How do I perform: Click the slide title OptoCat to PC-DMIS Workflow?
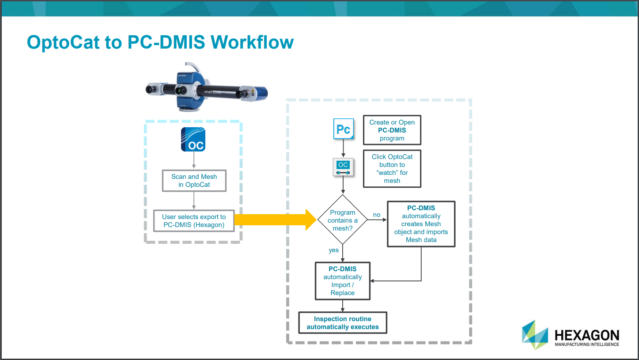pos(160,42)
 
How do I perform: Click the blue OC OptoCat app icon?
pos(193,139)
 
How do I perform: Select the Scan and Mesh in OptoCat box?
pos(194,181)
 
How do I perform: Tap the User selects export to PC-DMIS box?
pos(193,221)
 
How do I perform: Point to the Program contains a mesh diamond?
pos(343,220)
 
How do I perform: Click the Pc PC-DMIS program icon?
pos(343,129)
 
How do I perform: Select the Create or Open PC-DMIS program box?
pos(392,130)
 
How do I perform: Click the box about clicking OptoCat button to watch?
pos(392,169)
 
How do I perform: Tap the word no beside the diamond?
pos(376,215)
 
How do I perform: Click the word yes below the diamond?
pos(333,250)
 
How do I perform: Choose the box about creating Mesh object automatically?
pos(421,224)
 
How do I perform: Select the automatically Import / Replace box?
pos(342,281)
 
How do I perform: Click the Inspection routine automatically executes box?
pos(343,323)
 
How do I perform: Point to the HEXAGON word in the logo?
pos(586,335)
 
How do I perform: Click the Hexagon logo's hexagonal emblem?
pos(535,335)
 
